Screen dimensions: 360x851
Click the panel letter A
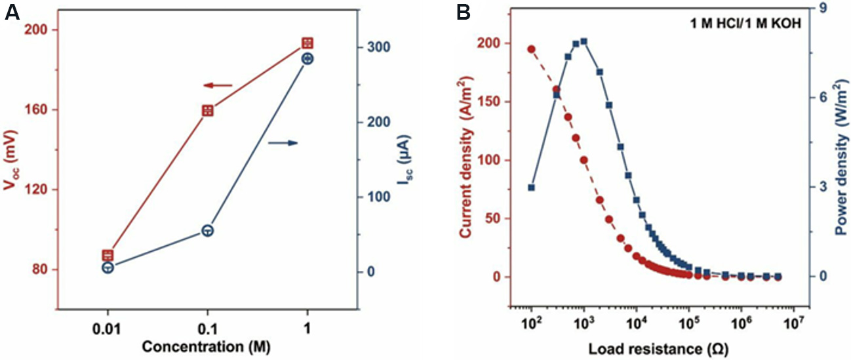pos(12,12)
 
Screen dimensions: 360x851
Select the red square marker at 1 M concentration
pos(307,43)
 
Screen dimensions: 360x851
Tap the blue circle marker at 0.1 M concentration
pos(207,231)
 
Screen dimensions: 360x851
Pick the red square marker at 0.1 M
pos(207,111)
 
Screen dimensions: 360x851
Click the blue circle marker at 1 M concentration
pos(307,59)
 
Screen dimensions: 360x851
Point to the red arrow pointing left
pos(218,85)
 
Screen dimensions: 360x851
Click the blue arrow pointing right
pos(283,143)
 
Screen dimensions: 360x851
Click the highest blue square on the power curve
pos(584,42)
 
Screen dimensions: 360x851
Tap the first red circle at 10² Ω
pos(532,49)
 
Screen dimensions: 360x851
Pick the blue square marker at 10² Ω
pos(532,188)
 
